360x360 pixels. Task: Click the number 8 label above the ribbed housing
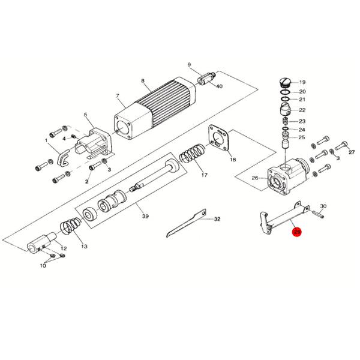click(143, 80)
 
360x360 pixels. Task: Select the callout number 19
click(302, 82)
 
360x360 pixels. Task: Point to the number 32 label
click(217, 219)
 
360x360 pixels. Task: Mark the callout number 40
click(219, 86)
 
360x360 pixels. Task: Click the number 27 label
click(352, 152)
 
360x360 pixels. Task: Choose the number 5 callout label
click(85, 115)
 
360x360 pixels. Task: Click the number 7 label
click(118, 96)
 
